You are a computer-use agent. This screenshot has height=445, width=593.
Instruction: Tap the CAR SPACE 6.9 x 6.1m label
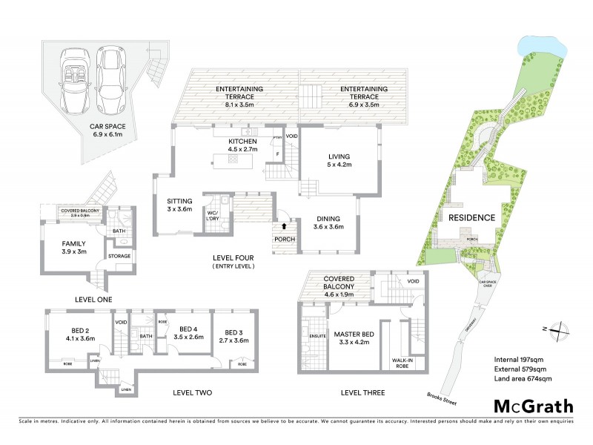pos(110,131)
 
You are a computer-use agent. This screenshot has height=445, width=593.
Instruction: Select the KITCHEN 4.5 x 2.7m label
pos(242,145)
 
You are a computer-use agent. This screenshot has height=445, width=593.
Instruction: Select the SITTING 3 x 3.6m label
pos(179,205)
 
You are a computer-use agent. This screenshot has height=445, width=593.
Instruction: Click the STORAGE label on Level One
pos(122,257)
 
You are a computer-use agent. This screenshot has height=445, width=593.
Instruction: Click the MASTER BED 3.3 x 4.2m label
pos(351,338)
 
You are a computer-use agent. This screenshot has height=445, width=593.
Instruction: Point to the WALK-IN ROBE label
pos(392,364)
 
